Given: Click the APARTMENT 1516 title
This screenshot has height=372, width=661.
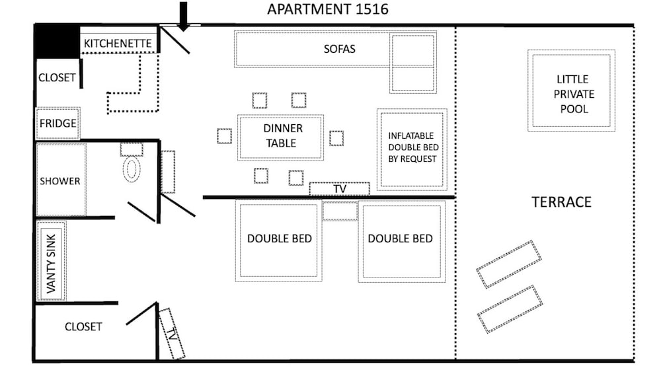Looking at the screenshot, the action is click(x=328, y=9).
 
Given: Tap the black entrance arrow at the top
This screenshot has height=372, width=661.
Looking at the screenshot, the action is click(x=183, y=17).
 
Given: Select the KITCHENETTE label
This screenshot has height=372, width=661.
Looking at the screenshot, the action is click(x=118, y=44).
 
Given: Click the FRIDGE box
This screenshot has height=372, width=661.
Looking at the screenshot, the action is click(x=58, y=124).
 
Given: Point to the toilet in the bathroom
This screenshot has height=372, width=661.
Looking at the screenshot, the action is click(x=132, y=169).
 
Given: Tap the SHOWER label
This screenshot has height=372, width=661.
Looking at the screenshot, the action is click(x=60, y=181).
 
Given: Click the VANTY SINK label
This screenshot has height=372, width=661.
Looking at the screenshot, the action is click(x=51, y=264).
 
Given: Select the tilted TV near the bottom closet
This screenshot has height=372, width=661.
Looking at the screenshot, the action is click(x=172, y=334).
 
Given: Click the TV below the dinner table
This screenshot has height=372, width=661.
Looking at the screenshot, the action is click(x=339, y=189).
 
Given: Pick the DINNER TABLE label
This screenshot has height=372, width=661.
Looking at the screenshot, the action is click(x=282, y=135).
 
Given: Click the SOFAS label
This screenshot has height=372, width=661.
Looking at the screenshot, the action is click(x=339, y=49).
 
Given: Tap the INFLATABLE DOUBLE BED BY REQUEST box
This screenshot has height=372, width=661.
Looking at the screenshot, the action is click(x=412, y=149).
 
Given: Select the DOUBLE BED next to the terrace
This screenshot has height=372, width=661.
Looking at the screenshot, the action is click(x=402, y=241).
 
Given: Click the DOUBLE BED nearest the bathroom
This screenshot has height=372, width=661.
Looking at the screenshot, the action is click(x=279, y=241).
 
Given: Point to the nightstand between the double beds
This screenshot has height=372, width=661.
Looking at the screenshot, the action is click(x=340, y=211).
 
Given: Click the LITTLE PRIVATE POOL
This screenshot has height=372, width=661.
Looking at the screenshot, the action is click(x=571, y=91).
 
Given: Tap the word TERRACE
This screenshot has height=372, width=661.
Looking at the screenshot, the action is click(x=561, y=202).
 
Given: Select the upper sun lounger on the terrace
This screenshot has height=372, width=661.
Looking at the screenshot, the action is click(x=509, y=264).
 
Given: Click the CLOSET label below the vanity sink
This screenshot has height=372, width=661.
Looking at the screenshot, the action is click(x=83, y=327).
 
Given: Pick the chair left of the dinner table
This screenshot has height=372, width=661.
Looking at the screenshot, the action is click(x=224, y=136).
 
